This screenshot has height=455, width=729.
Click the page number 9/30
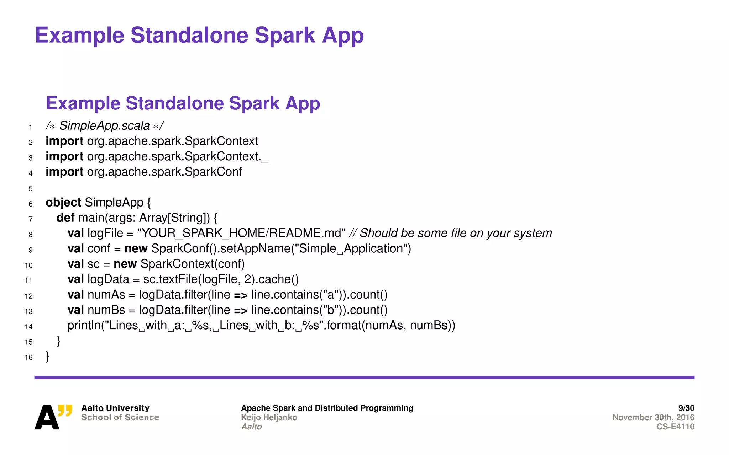pyautogui.click(x=686, y=408)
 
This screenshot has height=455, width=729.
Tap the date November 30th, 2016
pyautogui.click(x=653, y=417)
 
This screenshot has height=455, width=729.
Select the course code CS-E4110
pyautogui.click(x=675, y=427)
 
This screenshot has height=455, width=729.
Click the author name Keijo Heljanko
pyautogui.click(x=269, y=417)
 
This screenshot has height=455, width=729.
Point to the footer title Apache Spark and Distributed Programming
pyautogui.click(x=327, y=408)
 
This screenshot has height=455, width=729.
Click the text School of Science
pyautogui.click(x=120, y=417)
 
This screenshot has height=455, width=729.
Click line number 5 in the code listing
pyautogui.click(x=31, y=188)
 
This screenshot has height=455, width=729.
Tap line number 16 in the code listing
pyautogui.click(x=29, y=357)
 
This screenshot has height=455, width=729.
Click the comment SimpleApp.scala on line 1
pyautogui.click(x=104, y=126)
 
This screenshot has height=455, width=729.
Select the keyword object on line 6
pyautogui.click(x=63, y=203)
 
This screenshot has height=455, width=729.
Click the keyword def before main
pyautogui.click(x=65, y=218)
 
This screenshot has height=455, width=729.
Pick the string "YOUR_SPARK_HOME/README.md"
pyautogui.click(x=241, y=233)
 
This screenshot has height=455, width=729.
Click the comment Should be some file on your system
pyautogui.click(x=456, y=233)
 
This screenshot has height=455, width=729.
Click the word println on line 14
pyautogui.click(x=84, y=325)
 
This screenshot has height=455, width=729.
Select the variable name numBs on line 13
pyautogui.click(x=106, y=310)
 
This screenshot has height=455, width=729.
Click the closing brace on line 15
pyautogui.click(x=58, y=341)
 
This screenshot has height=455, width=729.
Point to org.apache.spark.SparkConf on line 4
pyautogui.click(x=164, y=172)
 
